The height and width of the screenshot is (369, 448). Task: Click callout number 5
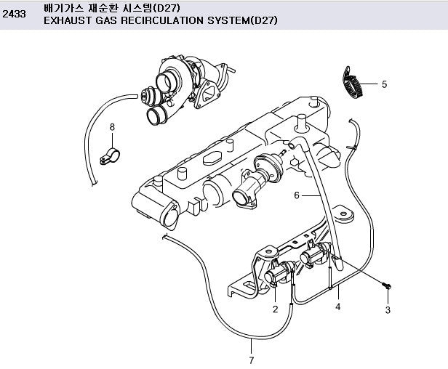click(x=384, y=84)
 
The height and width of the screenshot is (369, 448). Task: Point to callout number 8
click(x=112, y=127)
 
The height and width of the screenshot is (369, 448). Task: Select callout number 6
click(x=297, y=195)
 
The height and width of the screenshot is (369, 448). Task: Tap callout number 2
click(x=275, y=309)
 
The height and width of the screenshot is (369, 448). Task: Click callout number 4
click(x=337, y=307)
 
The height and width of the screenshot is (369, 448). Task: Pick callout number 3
click(x=388, y=310)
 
